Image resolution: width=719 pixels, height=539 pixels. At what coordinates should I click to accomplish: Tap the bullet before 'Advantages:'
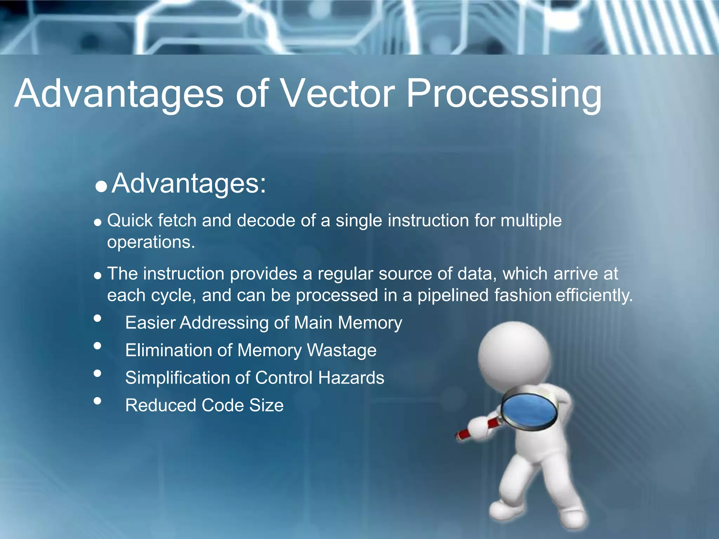pos(101,186)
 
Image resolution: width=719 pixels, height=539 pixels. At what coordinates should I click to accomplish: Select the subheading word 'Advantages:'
pos(189,183)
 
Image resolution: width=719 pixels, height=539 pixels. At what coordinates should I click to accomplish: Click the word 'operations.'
pos(151,242)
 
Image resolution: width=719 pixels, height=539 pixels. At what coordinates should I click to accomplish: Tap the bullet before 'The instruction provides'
pos(98,275)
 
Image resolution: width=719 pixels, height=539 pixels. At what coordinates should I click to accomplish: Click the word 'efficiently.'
pos(594,295)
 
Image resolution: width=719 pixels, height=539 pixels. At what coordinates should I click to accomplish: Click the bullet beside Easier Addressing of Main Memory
pos(98,318)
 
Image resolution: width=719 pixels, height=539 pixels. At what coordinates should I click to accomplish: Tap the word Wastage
pos(342,351)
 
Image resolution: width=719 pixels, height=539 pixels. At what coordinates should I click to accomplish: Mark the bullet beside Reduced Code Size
pos(98,401)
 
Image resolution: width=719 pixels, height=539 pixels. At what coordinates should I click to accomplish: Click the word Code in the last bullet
pos(223,406)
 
